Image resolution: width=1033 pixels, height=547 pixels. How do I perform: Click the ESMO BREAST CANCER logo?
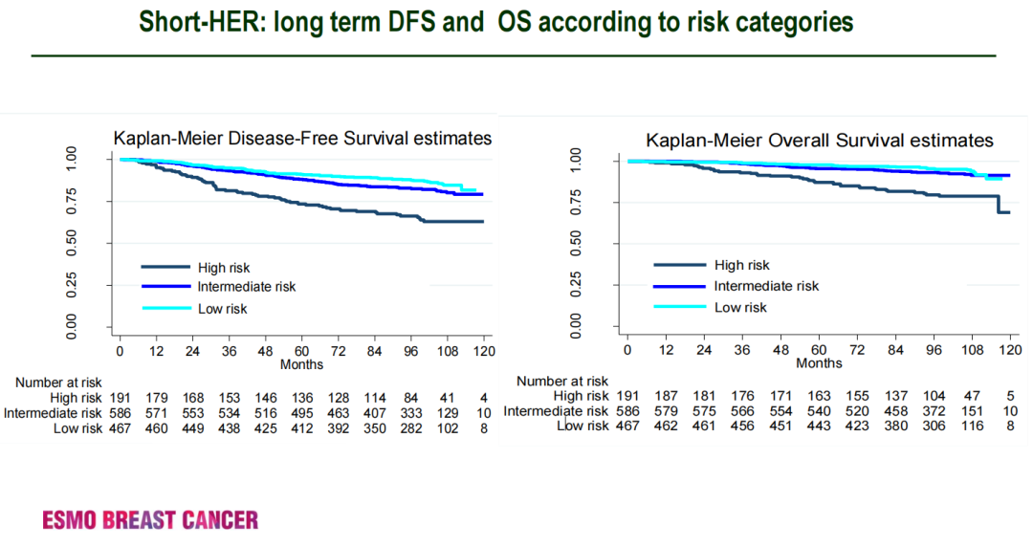coord(150,520)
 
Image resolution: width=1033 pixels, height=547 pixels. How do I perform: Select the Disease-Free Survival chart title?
coord(302,139)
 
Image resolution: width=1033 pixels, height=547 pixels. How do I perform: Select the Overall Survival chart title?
coord(820,141)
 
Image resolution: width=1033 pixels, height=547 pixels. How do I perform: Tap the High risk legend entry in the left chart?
coord(224,268)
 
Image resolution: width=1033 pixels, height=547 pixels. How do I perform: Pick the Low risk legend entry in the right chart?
coord(740,307)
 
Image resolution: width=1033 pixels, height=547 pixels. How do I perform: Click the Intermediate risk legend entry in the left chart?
coord(247,287)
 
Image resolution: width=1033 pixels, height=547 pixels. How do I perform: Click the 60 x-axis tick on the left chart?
coord(301,352)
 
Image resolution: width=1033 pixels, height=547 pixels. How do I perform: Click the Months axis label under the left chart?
coord(301,364)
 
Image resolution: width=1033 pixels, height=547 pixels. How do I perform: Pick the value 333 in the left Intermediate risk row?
coord(410,413)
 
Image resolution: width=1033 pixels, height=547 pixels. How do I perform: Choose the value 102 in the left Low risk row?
coord(447,428)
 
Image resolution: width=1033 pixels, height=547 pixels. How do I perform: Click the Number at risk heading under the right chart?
coord(562,381)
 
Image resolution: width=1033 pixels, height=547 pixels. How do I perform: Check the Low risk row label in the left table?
coord(78,428)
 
